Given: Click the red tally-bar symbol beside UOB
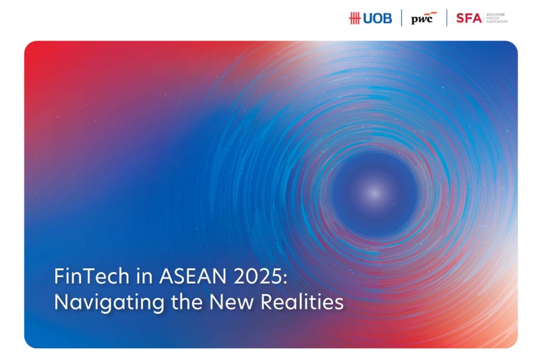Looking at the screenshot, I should pyautogui.click(x=355, y=18).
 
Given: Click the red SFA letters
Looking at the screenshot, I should pyautogui.click(x=468, y=18).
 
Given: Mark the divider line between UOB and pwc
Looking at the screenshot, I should pyautogui.click(x=401, y=18).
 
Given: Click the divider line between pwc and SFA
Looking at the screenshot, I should pyautogui.click(x=447, y=18).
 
